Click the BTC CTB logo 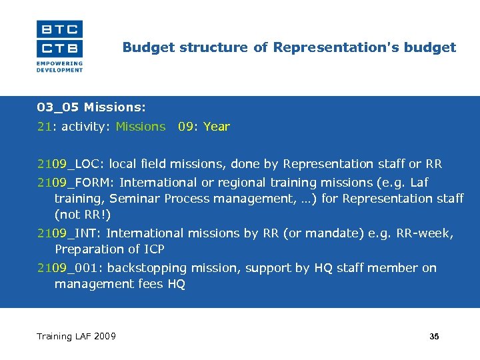[59, 39]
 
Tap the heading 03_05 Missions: [91, 107]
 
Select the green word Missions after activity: [140, 127]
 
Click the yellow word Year [217, 127]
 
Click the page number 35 [434, 337]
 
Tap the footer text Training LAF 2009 [76, 336]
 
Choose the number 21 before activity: [43, 127]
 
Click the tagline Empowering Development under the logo [59, 67]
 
